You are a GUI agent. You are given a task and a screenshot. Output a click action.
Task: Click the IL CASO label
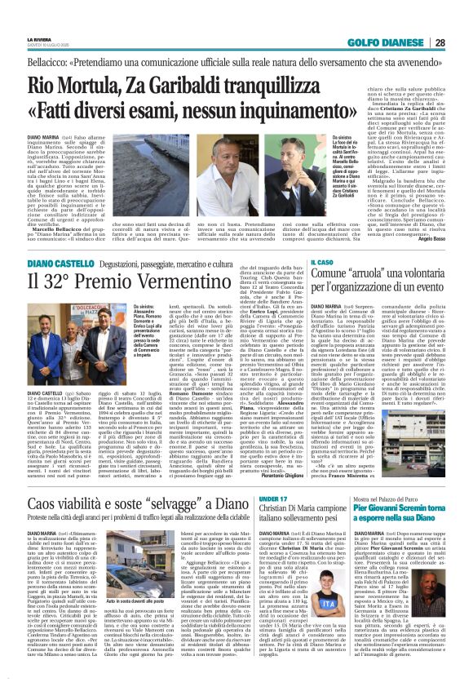[x=321, y=261]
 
